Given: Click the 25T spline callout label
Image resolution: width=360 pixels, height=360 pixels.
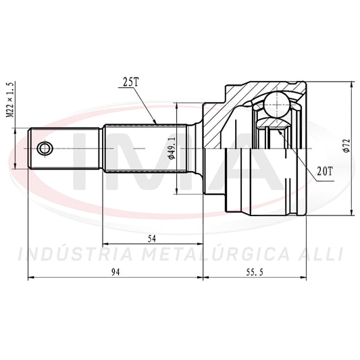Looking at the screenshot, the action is click(x=131, y=82).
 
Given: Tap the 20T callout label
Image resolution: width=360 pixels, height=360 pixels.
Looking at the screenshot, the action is click(x=325, y=171).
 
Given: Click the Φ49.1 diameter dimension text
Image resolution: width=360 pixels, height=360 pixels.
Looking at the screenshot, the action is click(x=172, y=148).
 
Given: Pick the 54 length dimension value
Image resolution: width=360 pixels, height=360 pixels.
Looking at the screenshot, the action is click(x=152, y=239).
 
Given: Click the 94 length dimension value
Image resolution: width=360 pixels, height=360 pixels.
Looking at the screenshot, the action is click(x=115, y=272).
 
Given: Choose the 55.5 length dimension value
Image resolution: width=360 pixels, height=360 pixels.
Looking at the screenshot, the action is click(x=255, y=272).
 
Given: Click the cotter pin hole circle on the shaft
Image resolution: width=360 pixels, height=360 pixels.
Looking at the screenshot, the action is click(x=45, y=149).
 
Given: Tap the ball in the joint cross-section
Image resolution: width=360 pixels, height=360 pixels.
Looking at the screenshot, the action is click(x=277, y=105).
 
